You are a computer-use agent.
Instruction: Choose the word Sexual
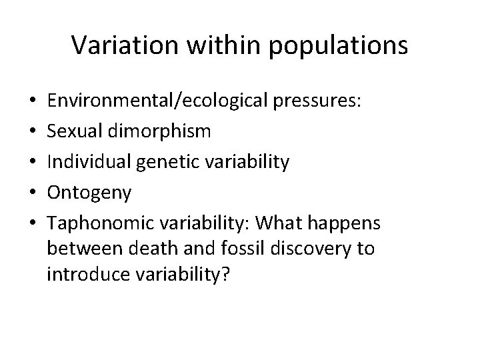pos(73,131)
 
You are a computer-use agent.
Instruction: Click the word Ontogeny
pos(89,193)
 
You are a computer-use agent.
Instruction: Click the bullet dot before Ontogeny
pos(25,193)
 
